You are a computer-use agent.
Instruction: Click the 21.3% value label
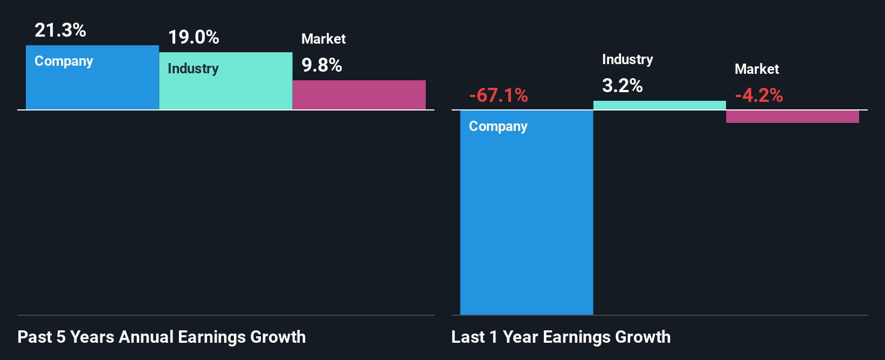(x=60, y=30)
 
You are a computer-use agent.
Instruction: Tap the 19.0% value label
(x=193, y=37)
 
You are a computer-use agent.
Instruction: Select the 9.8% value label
(x=322, y=65)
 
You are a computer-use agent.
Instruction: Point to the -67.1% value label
(x=499, y=95)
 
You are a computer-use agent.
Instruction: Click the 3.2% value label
(x=623, y=85)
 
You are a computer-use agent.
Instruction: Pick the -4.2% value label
(x=759, y=95)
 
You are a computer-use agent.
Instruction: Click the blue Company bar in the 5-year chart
(x=92, y=86)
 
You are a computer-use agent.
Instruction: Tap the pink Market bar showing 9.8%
(x=359, y=95)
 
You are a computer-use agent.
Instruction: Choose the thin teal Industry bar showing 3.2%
(x=660, y=105)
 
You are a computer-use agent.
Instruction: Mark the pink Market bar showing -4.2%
(x=792, y=116)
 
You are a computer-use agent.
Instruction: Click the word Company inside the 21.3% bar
(x=64, y=61)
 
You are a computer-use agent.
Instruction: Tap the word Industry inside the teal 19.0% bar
(x=193, y=69)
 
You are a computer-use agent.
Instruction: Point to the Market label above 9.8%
(x=323, y=39)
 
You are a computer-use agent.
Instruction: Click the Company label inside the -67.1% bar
(x=498, y=127)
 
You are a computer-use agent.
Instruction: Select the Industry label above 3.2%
(x=627, y=59)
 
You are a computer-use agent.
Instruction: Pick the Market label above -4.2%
(x=757, y=69)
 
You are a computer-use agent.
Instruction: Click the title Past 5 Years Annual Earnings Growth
(x=162, y=337)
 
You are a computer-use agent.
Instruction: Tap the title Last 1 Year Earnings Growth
(x=561, y=337)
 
